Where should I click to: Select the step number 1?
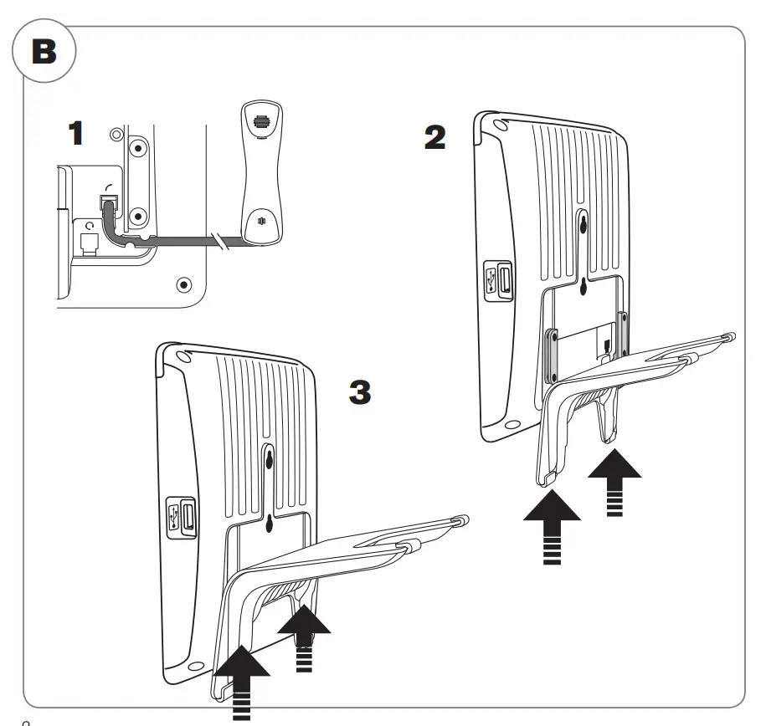click(76, 134)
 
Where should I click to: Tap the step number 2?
click(435, 138)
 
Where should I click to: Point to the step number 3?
click(359, 392)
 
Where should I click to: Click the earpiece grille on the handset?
click(260, 120)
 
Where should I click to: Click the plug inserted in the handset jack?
click(108, 203)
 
